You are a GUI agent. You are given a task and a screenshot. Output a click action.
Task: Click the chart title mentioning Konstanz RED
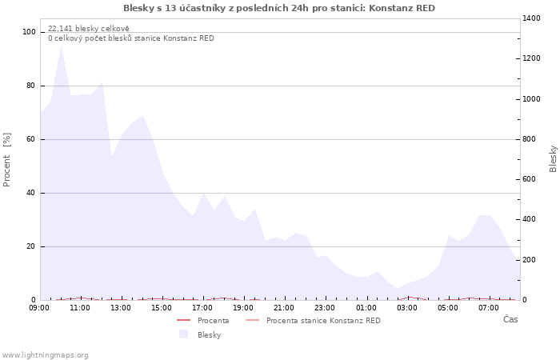279,8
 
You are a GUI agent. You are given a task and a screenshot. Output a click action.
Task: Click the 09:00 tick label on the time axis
39,307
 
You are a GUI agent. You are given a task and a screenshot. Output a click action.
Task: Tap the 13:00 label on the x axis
121,307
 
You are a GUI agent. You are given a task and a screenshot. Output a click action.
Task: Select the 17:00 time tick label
202,307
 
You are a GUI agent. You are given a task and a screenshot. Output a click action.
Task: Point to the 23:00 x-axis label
325,307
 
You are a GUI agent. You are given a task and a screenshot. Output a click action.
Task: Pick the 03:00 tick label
406,307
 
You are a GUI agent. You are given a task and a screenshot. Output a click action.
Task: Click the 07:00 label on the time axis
488,307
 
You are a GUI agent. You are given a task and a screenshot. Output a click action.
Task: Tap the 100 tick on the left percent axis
30,32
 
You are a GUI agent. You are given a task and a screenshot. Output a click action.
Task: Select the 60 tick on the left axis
32,139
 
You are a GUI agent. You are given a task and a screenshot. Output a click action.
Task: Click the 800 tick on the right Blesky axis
532,139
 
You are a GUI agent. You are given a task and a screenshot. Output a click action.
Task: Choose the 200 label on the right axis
532,260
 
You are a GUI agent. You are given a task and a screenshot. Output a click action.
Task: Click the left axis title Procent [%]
8,160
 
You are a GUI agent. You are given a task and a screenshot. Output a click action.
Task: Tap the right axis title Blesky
553,158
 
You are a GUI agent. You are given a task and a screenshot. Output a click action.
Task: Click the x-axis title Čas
510,319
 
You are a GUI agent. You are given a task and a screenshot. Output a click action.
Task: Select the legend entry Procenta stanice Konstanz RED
323,321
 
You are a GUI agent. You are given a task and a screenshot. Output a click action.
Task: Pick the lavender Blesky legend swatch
183,334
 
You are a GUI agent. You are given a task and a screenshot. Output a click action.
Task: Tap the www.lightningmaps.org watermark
45,355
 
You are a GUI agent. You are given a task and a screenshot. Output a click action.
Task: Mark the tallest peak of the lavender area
61,46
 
